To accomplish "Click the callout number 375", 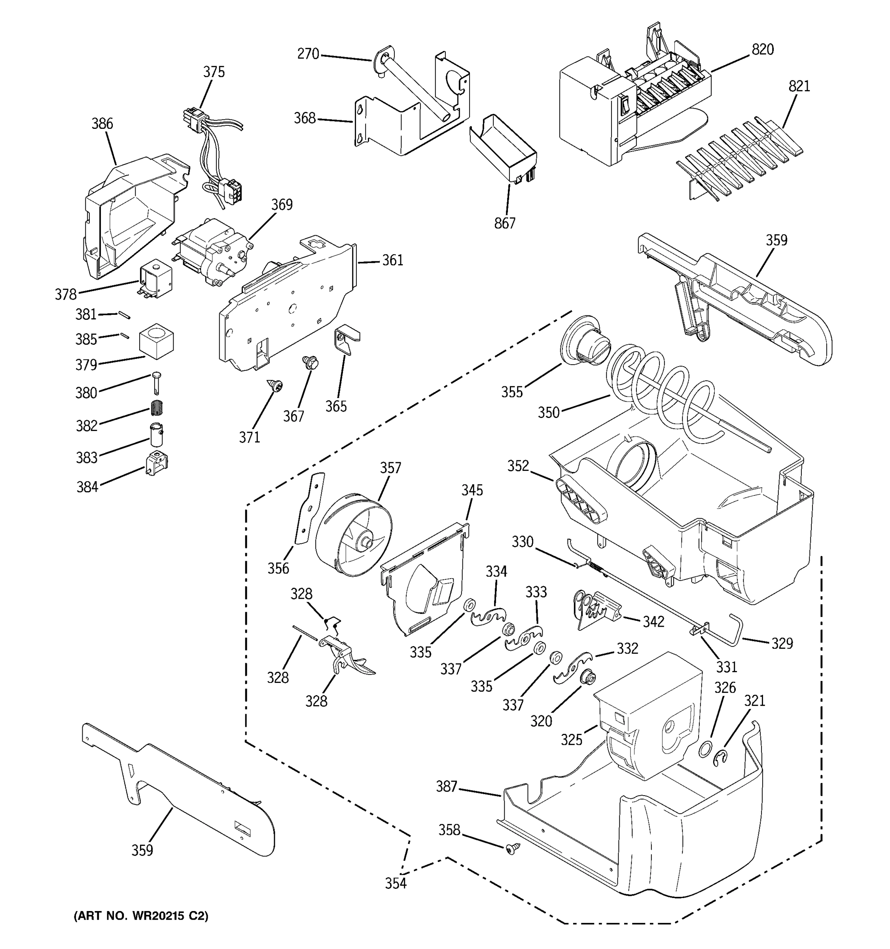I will pos(214,72).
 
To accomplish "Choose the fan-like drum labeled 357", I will pos(353,535).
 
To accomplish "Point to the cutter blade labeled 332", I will pos(573,667).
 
